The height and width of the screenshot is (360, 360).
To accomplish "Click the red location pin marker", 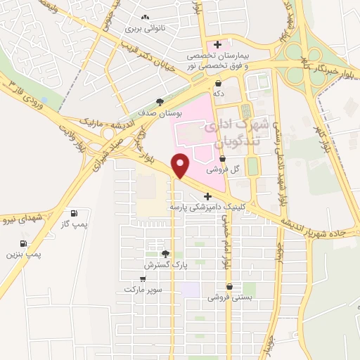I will [x=181, y=165].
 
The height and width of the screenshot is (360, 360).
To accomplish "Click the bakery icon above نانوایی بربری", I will [x=146, y=18].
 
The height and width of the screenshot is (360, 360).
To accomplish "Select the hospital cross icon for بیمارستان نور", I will [x=218, y=45].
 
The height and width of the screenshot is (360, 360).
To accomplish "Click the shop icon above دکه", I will [x=219, y=83].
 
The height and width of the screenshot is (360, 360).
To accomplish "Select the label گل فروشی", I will [x=219, y=169].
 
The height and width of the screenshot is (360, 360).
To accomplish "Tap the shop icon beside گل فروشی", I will [x=222, y=160].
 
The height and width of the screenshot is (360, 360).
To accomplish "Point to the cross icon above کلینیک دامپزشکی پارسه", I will [x=207, y=196].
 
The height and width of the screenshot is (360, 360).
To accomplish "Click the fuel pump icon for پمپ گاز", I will [x=75, y=213].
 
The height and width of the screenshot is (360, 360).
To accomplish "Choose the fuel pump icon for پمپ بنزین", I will [x=25, y=243].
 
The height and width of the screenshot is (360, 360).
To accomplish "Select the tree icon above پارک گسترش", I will [x=165, y=254].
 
